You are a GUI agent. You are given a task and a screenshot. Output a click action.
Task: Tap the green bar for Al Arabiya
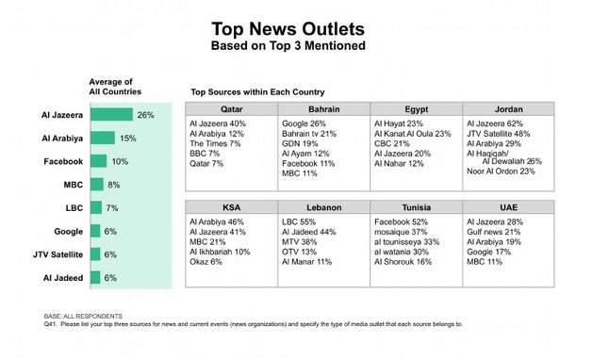[103, 139]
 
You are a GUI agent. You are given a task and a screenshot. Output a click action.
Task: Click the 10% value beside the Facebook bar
[119, 161]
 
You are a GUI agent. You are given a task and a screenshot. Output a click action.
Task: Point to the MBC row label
[73, 185]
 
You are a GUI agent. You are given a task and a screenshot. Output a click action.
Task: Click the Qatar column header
[231, 108]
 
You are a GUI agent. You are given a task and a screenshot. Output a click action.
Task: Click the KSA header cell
[231, 206]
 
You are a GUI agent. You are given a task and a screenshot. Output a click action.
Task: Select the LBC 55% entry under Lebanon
[300, 221]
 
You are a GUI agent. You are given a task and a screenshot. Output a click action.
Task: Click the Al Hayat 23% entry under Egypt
[399, 123]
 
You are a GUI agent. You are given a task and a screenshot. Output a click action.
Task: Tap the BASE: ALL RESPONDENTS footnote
[84, 316]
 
